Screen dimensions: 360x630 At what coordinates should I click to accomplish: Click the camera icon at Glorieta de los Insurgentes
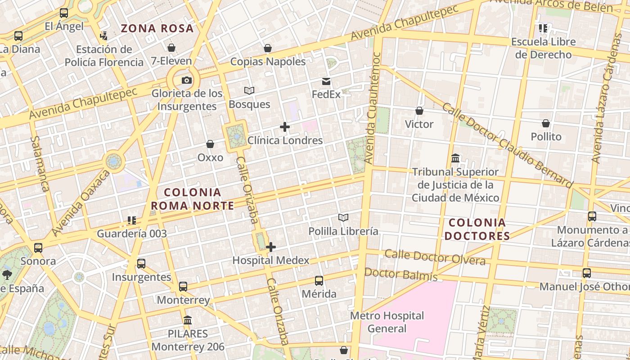click(186, 81)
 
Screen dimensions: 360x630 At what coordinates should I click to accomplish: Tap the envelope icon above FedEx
click(326, 81)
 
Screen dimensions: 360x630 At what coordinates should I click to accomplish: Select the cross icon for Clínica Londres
click(285, 127)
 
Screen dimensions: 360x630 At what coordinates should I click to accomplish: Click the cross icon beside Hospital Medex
click(271, 247)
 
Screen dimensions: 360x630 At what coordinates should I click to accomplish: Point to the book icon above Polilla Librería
click(343, 218)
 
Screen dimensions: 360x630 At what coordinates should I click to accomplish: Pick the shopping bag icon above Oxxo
click(210, 144)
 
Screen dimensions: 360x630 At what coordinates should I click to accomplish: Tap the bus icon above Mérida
click(319, 281)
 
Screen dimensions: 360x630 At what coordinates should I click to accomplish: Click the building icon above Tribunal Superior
click(455, 158)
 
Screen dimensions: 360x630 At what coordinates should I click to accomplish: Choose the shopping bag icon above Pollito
click(546, 123)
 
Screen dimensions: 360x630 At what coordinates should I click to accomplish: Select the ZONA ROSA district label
click(157, 28)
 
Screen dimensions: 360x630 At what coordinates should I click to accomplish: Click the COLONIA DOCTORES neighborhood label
click(477, 229)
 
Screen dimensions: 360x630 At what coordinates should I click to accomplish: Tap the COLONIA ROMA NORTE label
click(192, 199)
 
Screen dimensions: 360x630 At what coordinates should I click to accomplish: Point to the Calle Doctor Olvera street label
click(435, 257)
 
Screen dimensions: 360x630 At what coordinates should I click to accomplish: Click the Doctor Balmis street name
click(401, 274)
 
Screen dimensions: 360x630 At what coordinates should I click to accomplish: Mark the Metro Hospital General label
click(387, 322)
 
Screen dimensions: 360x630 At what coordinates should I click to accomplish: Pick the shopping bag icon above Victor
click(419, 111)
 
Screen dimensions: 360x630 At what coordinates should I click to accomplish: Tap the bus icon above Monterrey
click(183, 287)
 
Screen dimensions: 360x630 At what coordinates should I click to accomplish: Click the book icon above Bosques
click(249, 91)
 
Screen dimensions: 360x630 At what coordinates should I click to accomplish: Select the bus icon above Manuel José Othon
click(587, 273)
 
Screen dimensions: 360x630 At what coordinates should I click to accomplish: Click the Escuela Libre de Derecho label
click(543, 48)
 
